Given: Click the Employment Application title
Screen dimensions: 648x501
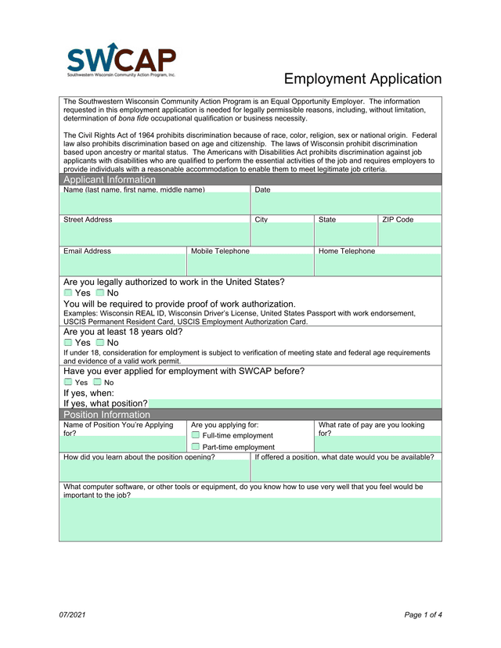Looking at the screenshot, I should (362, 79).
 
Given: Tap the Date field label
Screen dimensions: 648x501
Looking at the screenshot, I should (263, 190).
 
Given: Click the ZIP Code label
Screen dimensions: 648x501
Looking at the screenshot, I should (398, 220).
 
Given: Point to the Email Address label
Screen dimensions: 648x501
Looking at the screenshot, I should (87, 251).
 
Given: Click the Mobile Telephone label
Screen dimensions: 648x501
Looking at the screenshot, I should (221, 251).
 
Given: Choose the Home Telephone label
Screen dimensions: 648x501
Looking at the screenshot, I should (347, 251).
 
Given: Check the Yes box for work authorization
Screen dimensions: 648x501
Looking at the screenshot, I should (67, 293).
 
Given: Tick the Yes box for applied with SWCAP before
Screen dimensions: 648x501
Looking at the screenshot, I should (67, 382).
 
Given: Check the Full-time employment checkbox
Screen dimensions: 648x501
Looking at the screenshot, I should (196, 435).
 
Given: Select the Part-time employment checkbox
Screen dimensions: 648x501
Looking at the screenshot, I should (196, 447).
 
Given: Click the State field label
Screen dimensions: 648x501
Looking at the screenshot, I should (327, 220).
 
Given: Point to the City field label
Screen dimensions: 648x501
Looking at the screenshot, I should (261, 220).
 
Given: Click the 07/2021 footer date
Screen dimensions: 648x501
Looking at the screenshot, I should (72, 614).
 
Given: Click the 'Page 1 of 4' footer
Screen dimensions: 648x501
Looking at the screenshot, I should (423, 614).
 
